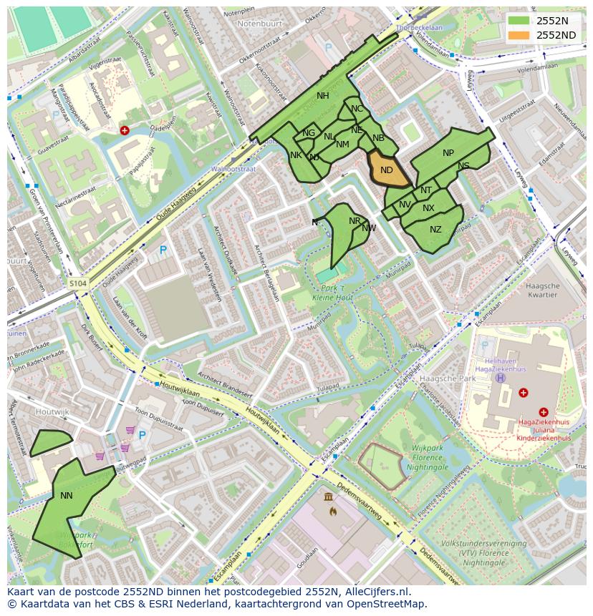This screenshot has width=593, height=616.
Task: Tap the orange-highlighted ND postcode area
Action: (x=387, y=170)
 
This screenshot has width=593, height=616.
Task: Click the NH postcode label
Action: (x=323, y=96)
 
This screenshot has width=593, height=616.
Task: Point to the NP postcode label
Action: (x=448, y=153)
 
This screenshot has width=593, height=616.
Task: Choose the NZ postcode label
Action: (x=435, y=230)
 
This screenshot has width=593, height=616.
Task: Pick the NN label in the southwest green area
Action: (x=67, y=495)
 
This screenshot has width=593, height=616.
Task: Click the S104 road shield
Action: (x=78, y=284)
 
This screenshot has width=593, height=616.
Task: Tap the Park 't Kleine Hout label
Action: (x=333, y=291)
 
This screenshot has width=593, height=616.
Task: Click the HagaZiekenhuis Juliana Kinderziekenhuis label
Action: (x=544, y=430)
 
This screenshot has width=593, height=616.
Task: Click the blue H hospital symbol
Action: (x=500, y=378)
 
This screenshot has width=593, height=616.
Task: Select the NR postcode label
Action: (x=355, y=221)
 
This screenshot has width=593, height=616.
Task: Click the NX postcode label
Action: (x=428, y=208)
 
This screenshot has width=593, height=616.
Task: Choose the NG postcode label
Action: (x=309, y=133)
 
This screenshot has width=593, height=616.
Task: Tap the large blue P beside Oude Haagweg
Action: (x=163, y=250)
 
